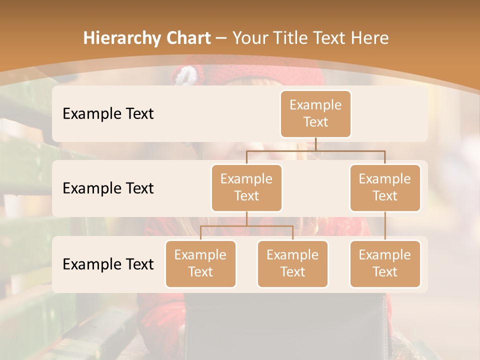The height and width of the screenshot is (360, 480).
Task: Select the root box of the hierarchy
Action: [315, 113]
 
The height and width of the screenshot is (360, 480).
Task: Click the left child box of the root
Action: [246, 187]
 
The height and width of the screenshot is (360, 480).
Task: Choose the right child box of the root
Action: [385, 187]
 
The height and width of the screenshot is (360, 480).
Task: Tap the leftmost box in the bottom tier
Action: [200, 263]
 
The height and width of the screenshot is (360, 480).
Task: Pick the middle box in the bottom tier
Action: [292, 263]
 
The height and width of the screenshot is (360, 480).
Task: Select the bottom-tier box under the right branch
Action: [385, 263]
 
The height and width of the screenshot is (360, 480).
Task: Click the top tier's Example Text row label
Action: [108, 113]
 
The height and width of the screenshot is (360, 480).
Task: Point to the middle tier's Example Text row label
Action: [108, 188]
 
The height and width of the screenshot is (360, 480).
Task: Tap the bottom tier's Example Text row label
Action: [108, 264]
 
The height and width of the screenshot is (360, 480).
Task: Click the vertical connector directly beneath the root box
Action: [315, 144]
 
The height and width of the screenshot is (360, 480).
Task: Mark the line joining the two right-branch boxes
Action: [385, 226]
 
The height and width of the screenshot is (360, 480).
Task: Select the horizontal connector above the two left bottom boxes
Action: [246, 226]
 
